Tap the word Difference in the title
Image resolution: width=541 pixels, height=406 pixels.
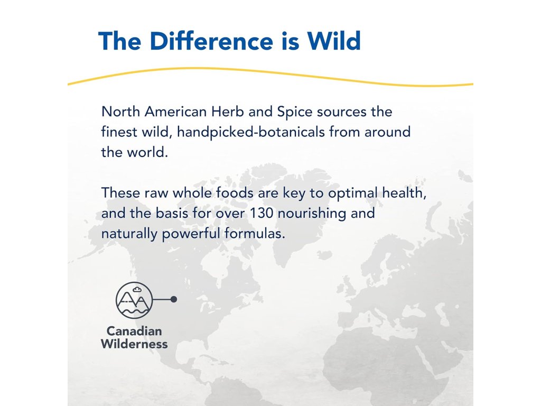[211, 41]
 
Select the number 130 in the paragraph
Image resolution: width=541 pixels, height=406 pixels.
[261, 213]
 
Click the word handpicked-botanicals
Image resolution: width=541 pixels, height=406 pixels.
[251, 132]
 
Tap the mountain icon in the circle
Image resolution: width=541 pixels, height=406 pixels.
[134, 300]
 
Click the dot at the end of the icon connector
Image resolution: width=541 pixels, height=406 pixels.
[174, 299]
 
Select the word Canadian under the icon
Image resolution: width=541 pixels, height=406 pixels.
[134, 331]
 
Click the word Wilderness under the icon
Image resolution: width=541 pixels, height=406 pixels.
[134, 344]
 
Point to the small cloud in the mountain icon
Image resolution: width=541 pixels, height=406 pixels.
[137, 289]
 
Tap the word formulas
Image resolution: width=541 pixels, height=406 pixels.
[255, 233]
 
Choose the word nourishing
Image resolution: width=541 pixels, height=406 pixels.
[312, 214]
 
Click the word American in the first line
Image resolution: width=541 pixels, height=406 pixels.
[175, 112]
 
